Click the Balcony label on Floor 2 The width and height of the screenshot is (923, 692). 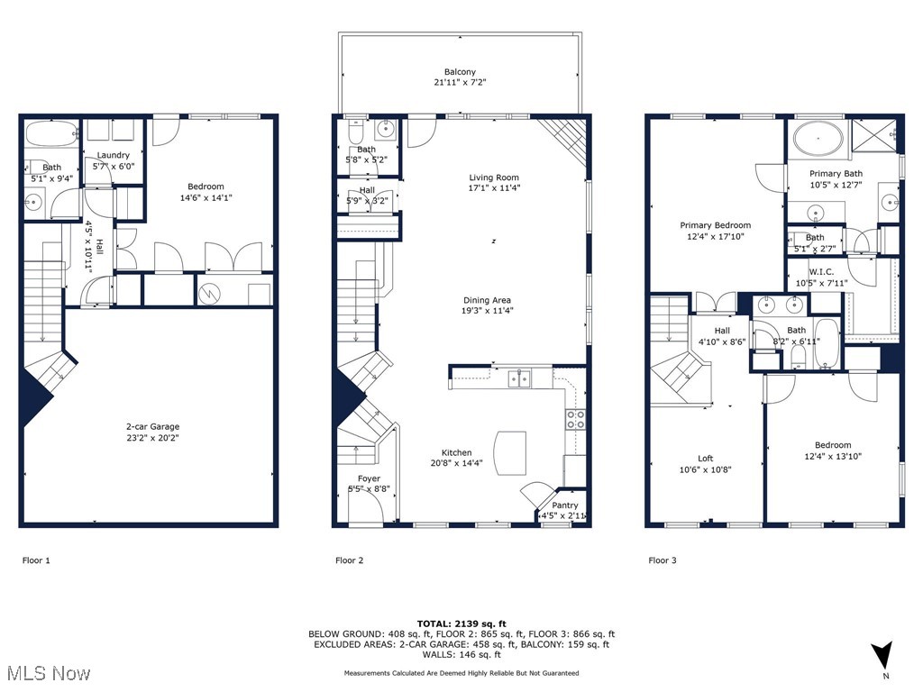coord(460,72)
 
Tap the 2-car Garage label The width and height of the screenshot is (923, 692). coord(152,426)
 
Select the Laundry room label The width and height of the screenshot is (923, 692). coord(114,155)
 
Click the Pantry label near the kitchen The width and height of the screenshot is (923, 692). coord(565,505)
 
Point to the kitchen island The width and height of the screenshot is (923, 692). coord(510,453)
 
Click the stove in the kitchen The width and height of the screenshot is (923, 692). coord(574,419)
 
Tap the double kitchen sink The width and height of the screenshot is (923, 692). coord(518,378)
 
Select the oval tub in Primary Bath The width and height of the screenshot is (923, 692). coord(818,140)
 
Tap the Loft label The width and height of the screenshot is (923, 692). coord(705,459)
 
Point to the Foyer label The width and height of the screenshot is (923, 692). coord(369,478)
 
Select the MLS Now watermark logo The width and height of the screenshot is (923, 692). coord(48,673)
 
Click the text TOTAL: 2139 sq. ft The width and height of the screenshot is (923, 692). coord(461,624)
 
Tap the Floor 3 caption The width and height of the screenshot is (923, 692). coord(662,560)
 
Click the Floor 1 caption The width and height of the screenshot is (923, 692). coord(36,560)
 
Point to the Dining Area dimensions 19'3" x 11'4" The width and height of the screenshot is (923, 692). coord(489,311)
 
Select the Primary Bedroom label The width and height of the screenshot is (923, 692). coord(715,225)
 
